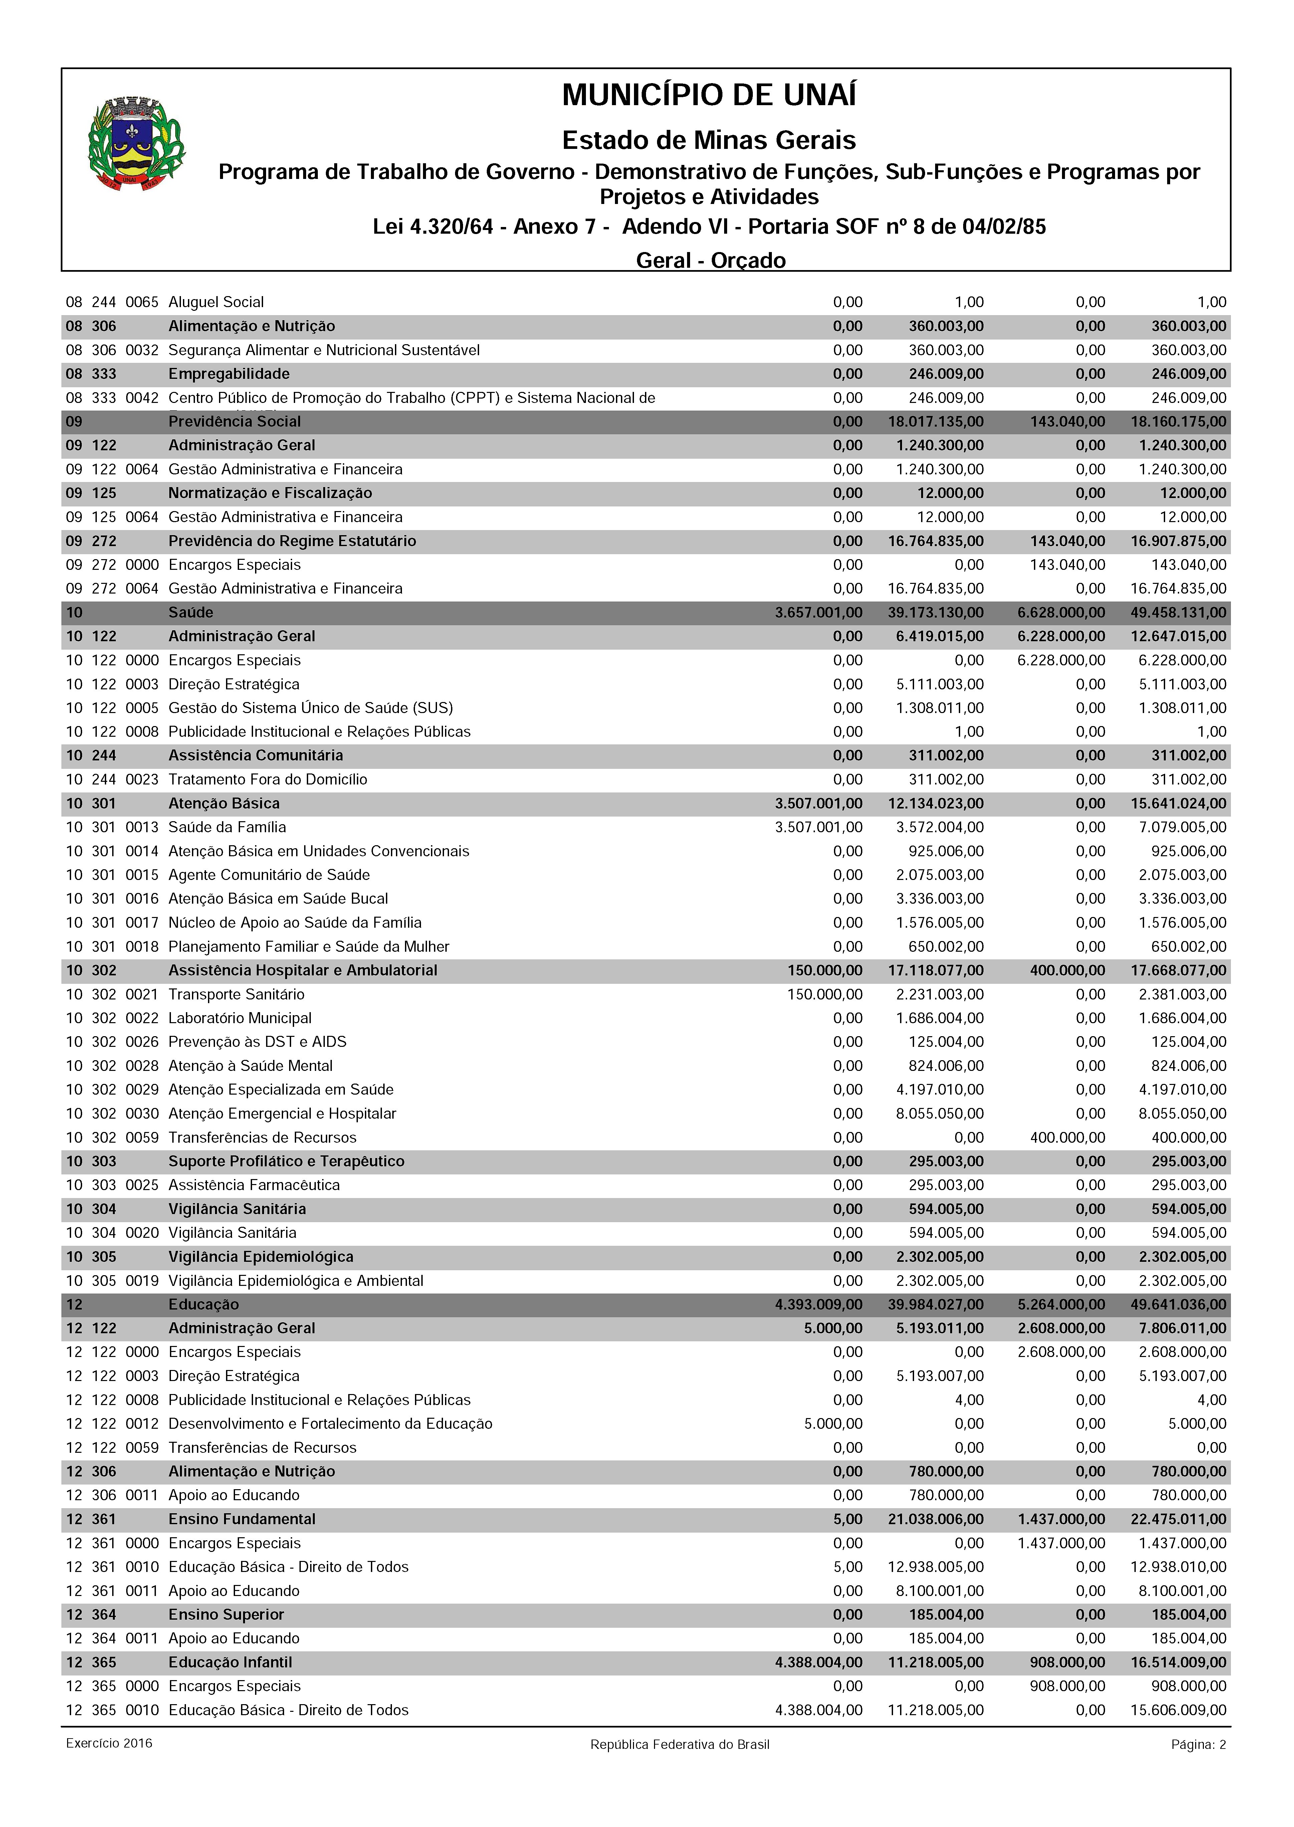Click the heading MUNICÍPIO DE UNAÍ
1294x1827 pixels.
(x=709, y=95)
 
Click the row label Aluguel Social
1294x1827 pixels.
(x=216, y=302)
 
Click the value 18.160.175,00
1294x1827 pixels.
(x=1178, y=422)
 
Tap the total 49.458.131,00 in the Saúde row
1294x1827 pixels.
(x=1178, y=613)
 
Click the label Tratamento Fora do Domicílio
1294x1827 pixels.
(x=268, y=779)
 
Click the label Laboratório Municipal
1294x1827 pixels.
(x=240, y=1018)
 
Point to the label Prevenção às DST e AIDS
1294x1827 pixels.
(x=257, y=1042)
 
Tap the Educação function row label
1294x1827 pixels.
(x=203, y=1304)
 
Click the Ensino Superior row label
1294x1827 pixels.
(x=226, y=1615)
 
